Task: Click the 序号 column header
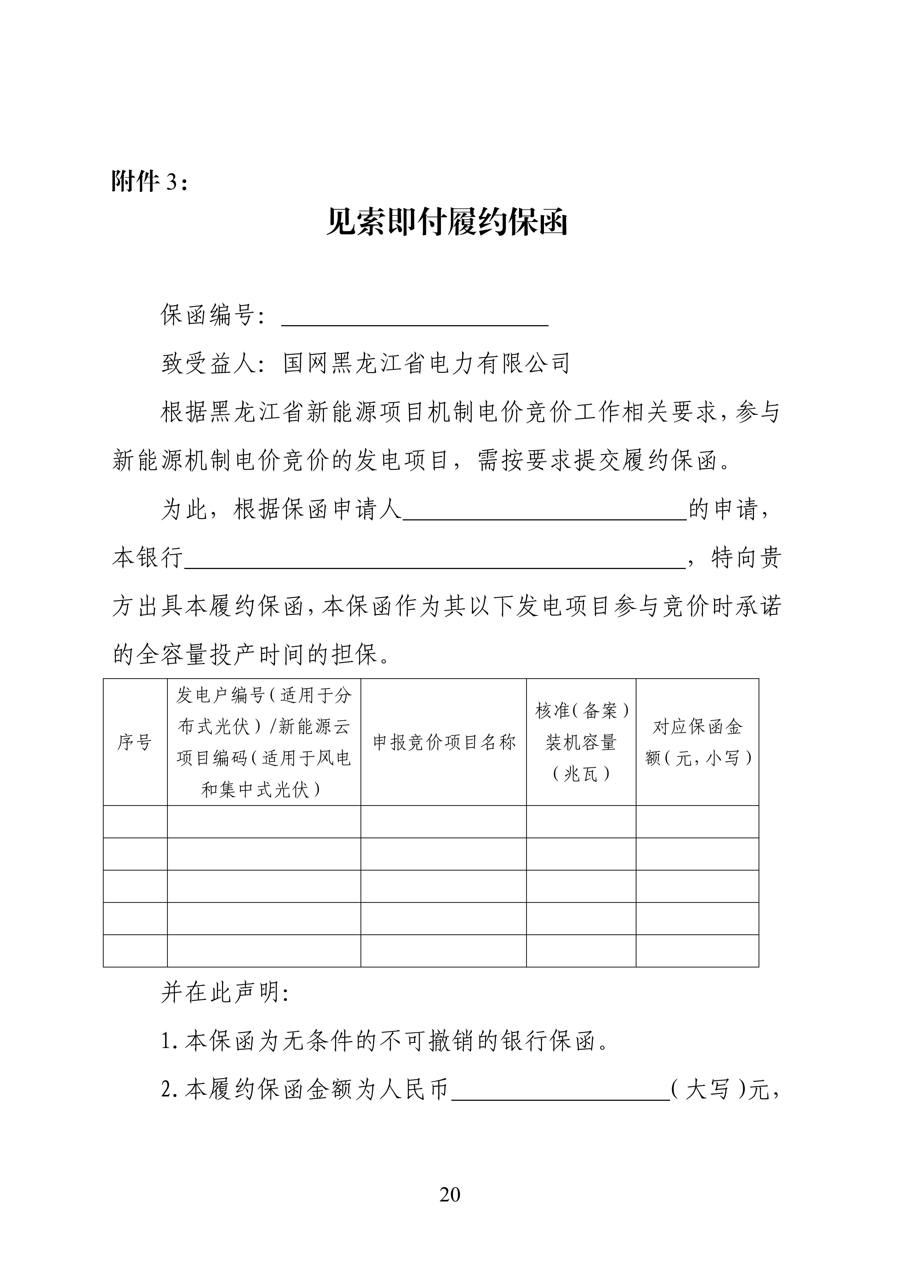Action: click(x=135, y=742)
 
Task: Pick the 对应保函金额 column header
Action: click(x=697, y=742)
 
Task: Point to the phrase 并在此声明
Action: click(x=225, y=993)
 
